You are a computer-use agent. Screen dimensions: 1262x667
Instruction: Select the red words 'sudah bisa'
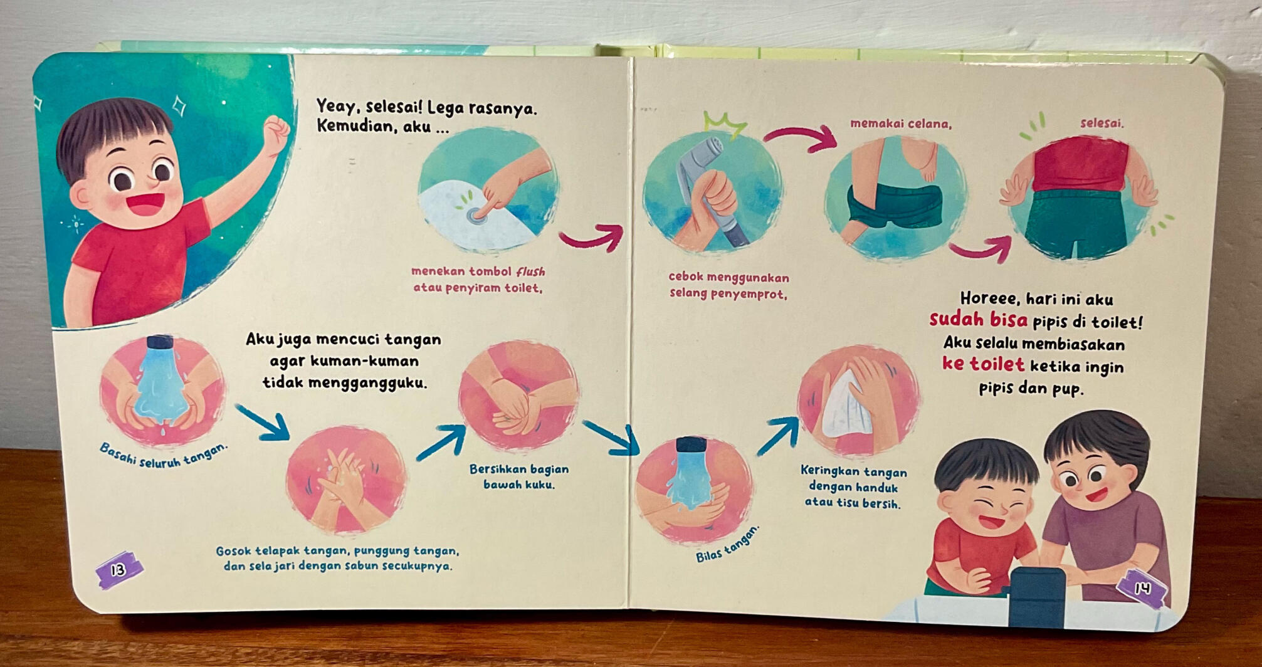(979, 320)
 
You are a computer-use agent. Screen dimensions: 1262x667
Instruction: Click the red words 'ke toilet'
(983, 364)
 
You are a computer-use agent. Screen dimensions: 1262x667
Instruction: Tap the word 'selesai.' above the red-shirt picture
(1102, 123)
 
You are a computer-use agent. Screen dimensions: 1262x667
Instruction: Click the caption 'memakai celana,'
(901, 124)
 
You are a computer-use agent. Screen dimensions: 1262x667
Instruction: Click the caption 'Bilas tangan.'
(727, 543)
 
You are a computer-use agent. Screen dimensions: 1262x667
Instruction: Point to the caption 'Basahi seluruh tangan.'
(164, 454)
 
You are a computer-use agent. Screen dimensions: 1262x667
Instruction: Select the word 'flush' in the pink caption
(530, 272)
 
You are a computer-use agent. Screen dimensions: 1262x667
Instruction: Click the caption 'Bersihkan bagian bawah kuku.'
(519, 476)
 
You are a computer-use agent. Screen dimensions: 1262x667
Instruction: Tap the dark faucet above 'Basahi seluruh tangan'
(160, 342)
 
